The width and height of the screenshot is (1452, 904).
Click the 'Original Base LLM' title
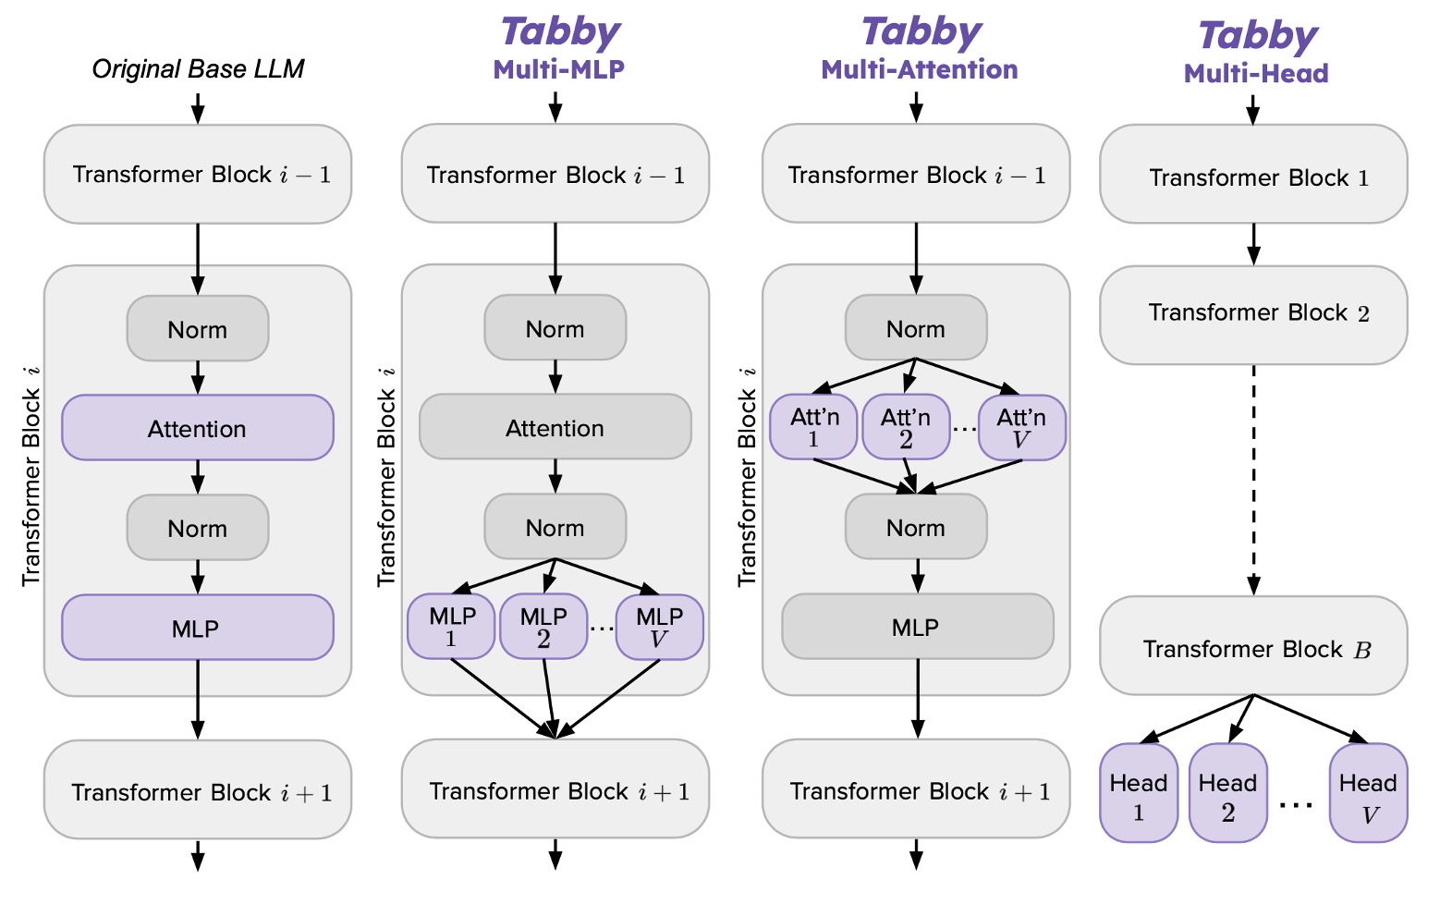198,69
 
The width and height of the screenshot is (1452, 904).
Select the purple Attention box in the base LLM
197,428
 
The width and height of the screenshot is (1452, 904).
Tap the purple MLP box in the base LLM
197,628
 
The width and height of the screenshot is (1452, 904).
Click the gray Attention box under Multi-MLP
555,427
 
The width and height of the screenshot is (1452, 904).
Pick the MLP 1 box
451,627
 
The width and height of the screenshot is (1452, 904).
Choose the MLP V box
659,627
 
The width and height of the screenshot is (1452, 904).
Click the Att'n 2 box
905,427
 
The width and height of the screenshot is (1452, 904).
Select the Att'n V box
1021,427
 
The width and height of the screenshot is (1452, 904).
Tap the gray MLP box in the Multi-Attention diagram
917,627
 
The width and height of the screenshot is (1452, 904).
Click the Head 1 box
1138,793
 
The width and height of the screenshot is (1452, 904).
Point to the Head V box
1368,793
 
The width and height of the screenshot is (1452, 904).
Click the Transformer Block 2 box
1253,314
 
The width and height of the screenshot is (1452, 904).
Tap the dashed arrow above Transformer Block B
1253,481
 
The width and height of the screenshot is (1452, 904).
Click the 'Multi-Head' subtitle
1256,74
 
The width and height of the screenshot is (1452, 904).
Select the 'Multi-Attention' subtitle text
919,69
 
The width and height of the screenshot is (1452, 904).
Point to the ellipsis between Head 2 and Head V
1296,805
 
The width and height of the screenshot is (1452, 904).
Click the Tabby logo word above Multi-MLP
560,32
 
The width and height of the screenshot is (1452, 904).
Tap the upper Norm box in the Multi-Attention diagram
916,328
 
